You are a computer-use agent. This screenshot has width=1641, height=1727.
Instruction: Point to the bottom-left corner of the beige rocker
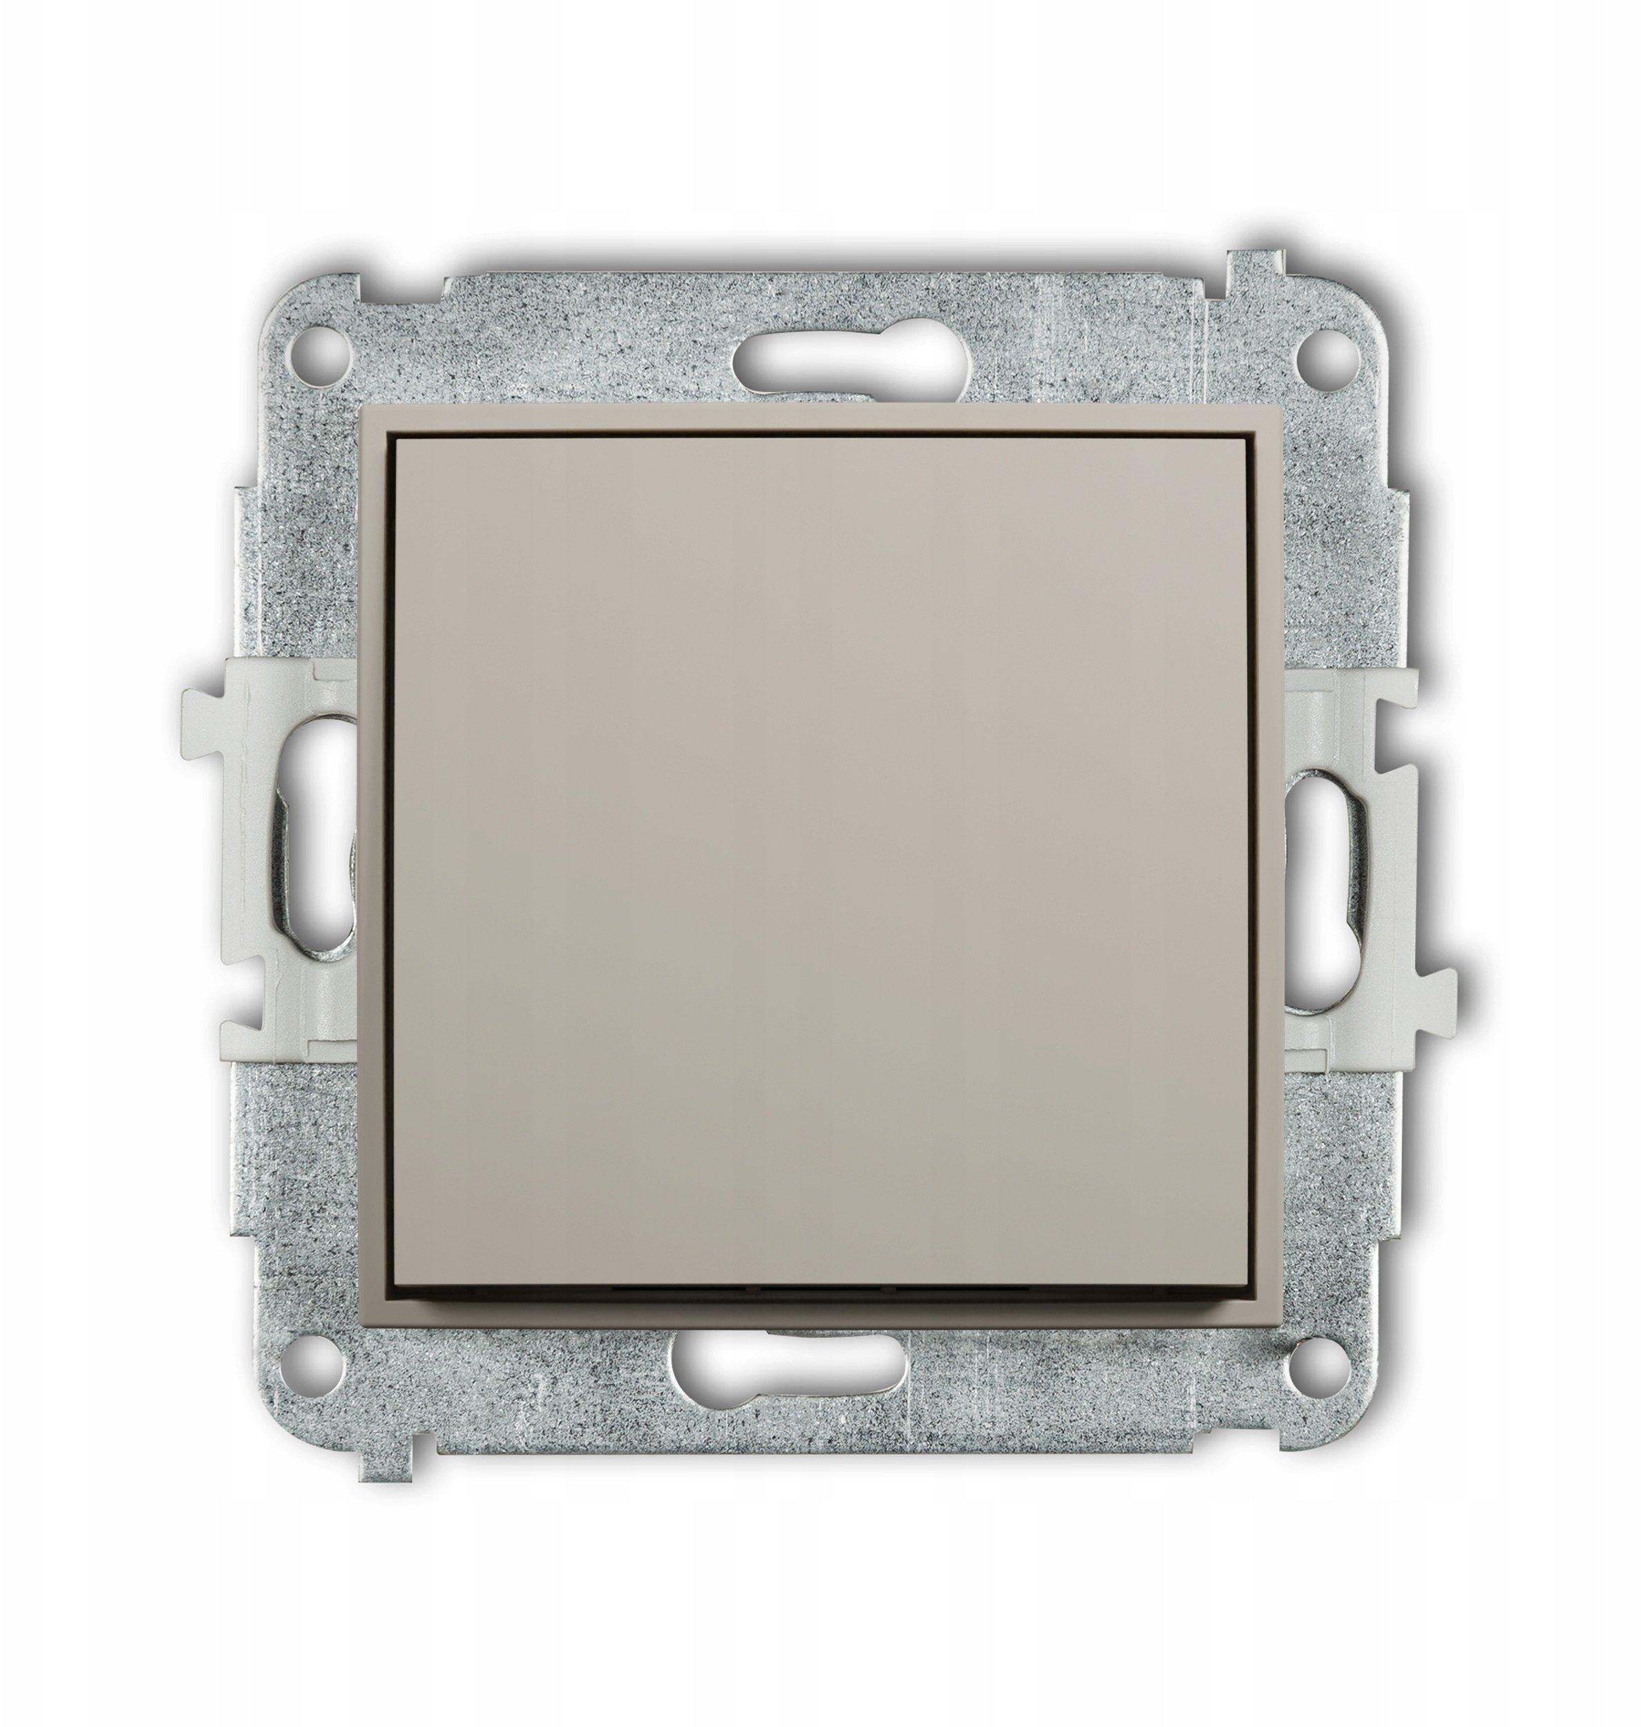click(399, 1286)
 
